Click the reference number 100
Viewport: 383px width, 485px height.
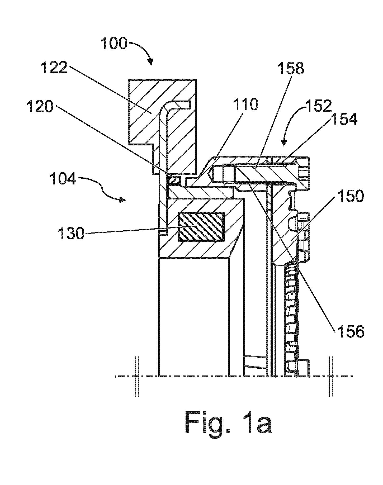(114, 44)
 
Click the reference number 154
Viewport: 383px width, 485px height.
(344, 119)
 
